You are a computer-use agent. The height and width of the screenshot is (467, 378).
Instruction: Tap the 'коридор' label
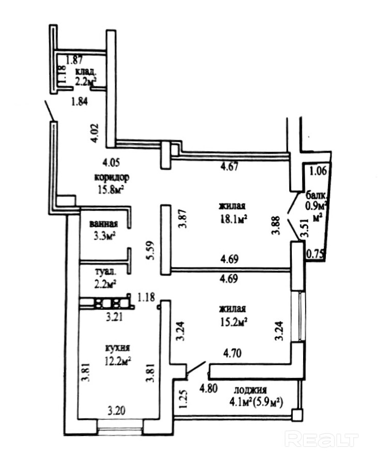[112, 177]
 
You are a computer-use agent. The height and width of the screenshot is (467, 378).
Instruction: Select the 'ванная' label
[103, 224]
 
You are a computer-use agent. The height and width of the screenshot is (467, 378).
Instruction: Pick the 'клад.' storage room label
[86, 71]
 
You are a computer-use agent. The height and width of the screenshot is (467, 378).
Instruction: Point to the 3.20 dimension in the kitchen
[116, 412]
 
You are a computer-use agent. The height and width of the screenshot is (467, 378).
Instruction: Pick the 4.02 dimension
[94, 132]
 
